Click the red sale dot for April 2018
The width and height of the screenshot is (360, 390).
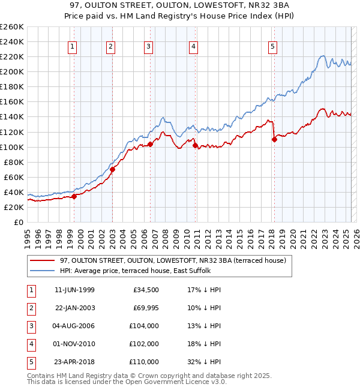(x=274, y=139)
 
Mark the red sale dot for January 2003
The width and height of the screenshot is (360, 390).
(x=112, y=169)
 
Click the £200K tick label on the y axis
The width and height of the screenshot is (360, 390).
(x=11, y=71)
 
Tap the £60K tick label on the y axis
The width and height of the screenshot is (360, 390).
(x=13, y=177)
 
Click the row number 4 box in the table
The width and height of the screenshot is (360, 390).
(x=31, y=344)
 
